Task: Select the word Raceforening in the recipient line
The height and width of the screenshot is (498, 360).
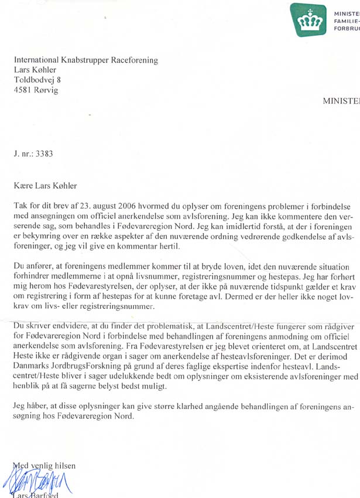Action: tap(133, 59)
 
